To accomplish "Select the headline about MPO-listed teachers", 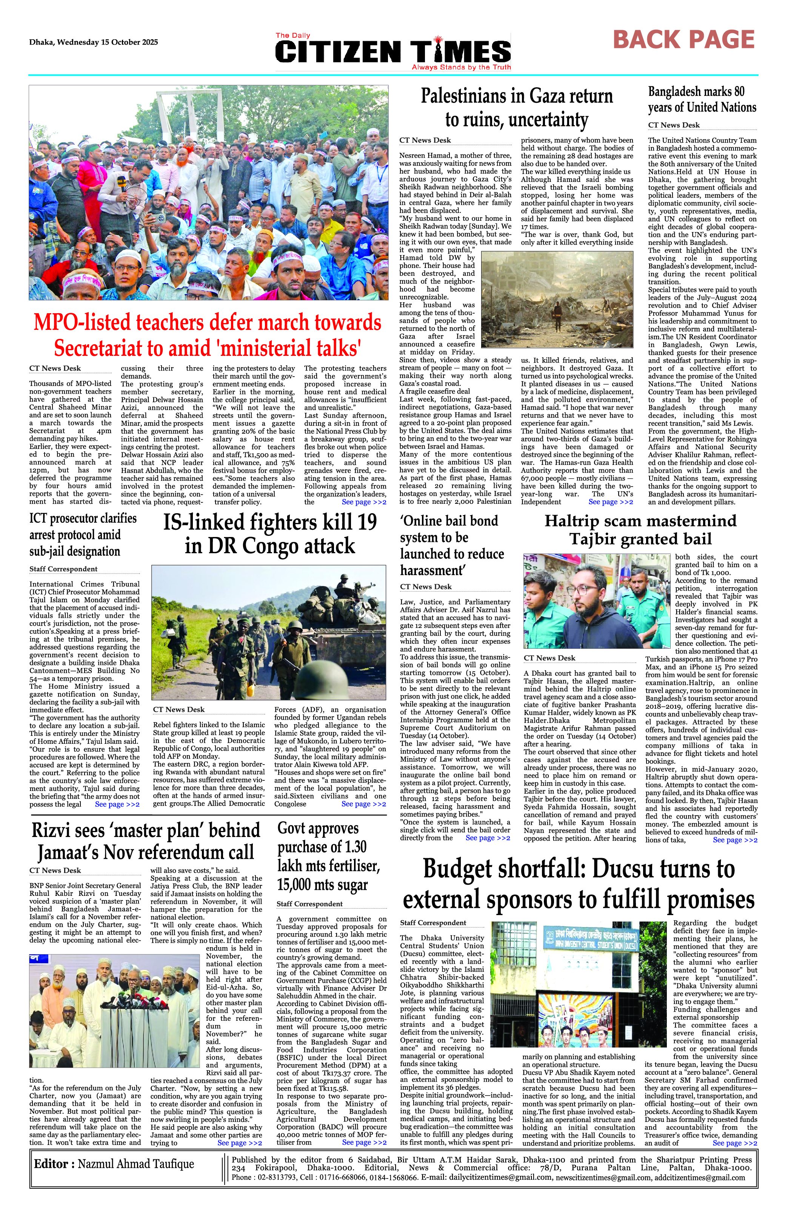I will pyautogui.click(x=208, y=335).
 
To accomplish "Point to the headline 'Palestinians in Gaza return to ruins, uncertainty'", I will pyautogui.click(x=517, y=108).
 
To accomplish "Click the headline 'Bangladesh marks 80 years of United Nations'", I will pyautogui.click(x=702, y=100).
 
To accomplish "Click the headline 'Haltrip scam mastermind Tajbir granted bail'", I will pyautogui.click(x=640, y=530).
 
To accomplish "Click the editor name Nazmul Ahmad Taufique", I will pyautogui.click(x=114, y=1164).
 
